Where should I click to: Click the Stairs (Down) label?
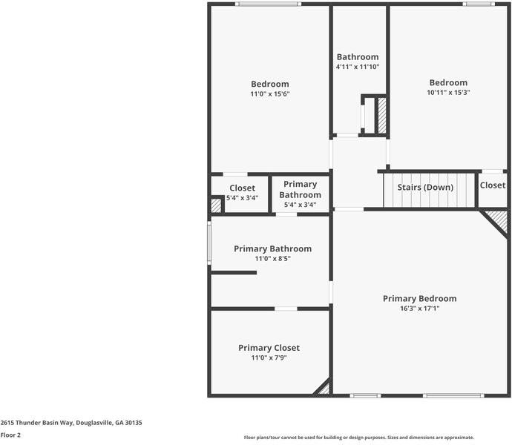(x=425, y=188)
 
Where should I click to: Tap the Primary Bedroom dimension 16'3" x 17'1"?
(x=419, y=309)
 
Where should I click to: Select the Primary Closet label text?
(x=269, y=348)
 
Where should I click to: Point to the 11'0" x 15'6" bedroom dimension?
(x=269, y=94)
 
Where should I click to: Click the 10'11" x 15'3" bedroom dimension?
(x=448, y=93)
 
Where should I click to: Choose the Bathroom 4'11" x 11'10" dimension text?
(x=358, y=67)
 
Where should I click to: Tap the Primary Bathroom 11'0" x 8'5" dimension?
(x=272, y=259)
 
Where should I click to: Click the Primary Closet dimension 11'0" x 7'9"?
(x=269, y=357)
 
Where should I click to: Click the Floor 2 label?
(x=10, y=435)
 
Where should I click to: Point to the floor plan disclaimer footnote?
(x=359, y=438)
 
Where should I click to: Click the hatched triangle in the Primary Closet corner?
(x=323, y=388)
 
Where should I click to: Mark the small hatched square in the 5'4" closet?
(x=216, y=205)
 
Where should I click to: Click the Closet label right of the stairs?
(x=493, y=185)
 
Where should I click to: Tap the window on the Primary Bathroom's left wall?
(x=210, y=243)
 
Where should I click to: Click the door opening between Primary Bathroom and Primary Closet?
(x=286, y=308)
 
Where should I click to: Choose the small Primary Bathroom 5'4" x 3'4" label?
(x=300, y=194)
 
